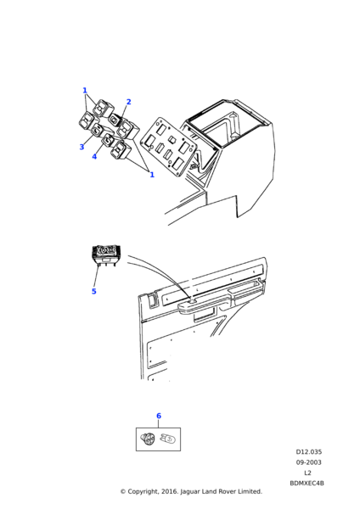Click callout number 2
pos(128,102)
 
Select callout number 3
pos(82,147)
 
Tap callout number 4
pos(94,156)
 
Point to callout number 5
pos(93,291)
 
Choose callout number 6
pos(158,416)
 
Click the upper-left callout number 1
pos(85,91)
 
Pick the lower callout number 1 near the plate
pos(151,175)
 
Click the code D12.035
pos(309,452)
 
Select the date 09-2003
pos(308,462)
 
